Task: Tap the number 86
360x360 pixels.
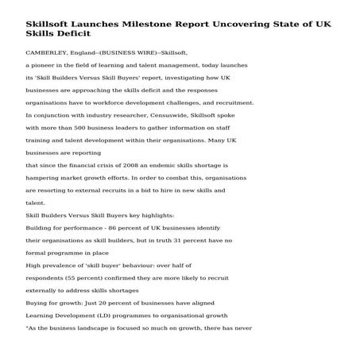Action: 104,229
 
